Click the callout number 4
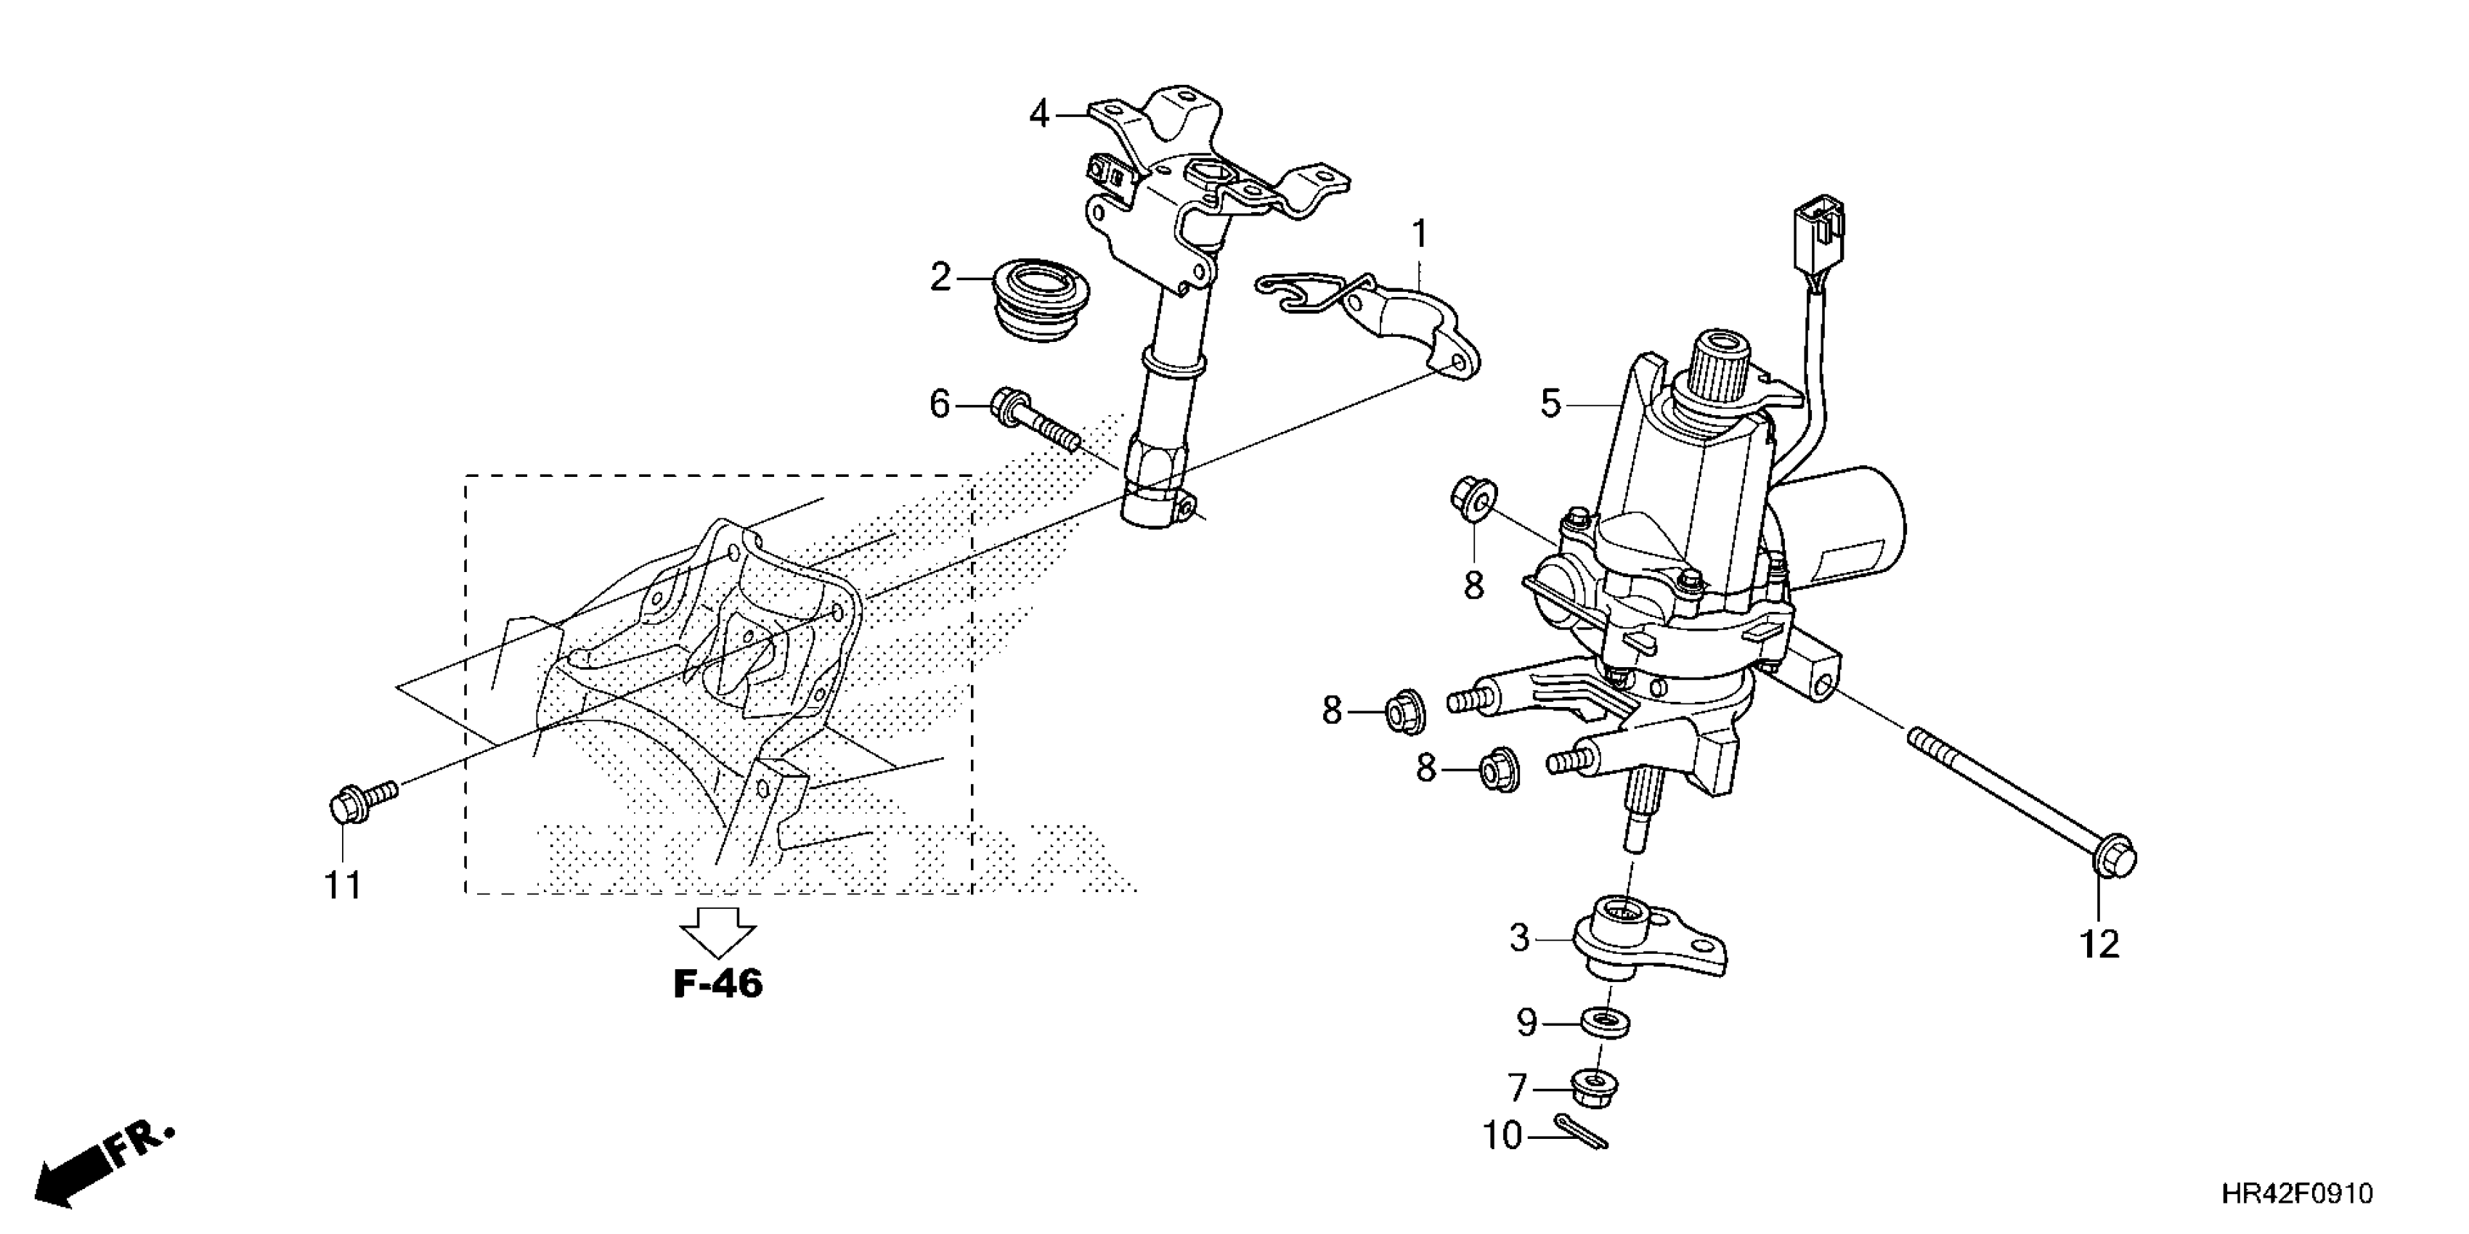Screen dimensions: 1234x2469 1039,115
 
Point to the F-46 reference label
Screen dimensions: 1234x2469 718,984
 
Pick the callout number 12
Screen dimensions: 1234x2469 2099,944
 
